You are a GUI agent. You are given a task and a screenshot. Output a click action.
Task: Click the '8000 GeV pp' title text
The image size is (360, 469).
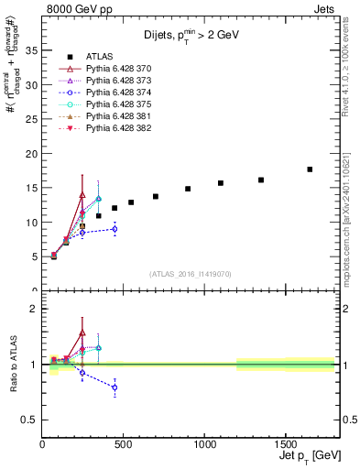coord(78,7)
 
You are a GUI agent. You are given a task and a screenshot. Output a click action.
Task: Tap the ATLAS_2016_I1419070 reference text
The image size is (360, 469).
coord(191,273)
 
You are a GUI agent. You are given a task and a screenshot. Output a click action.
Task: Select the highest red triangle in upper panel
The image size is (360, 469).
coord(82,195)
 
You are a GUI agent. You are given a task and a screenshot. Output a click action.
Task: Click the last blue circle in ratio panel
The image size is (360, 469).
coord(115,387)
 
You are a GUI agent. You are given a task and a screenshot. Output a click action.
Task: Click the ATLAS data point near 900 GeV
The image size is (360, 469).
coord(188,189)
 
